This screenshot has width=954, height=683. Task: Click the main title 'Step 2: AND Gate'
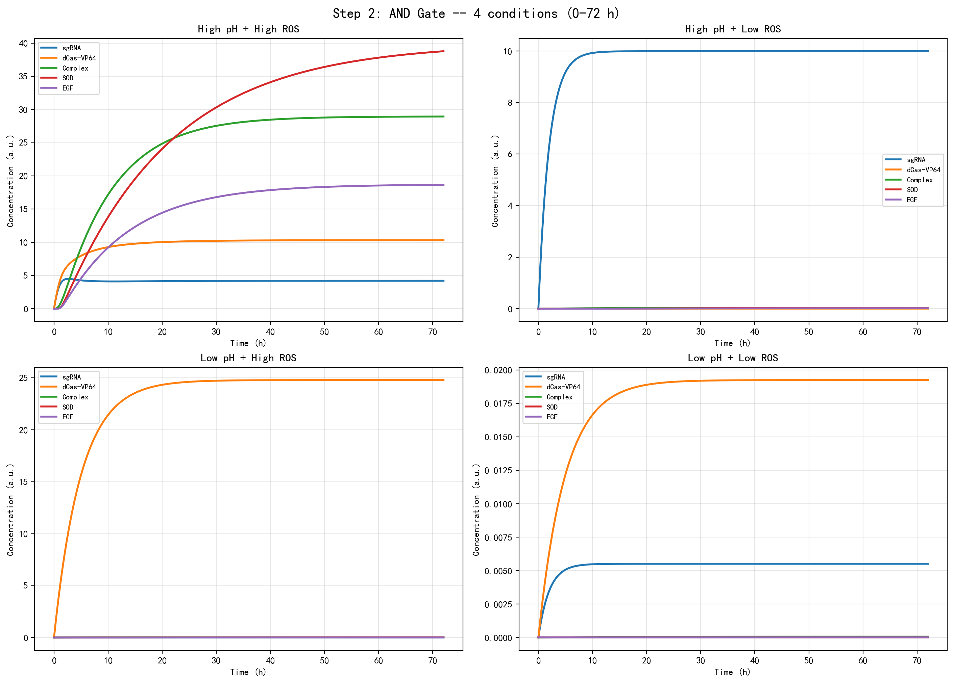[x=476, y=14]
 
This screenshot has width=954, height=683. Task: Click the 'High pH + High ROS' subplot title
[x=248, y=29]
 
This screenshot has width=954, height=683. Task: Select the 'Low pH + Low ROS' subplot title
[x=732, y=358]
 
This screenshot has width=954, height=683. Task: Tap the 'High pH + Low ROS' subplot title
[x=732, y=29]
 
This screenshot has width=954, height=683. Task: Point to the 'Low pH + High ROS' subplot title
[x=248, y=358]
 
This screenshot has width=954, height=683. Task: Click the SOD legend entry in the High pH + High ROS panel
[x=68, y=78]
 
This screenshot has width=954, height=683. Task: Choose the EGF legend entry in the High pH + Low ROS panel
[x=911, y=200]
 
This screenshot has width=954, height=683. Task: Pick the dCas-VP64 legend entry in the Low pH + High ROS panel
[x=79, y=387]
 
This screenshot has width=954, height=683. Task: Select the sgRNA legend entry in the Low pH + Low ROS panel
[x=556, y=377]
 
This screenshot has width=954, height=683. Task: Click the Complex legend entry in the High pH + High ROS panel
[x=75, y=68]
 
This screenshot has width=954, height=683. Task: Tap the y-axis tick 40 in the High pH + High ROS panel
[x=24, y=44]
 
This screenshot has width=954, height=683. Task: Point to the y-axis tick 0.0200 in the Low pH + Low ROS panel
[x=498, y=370]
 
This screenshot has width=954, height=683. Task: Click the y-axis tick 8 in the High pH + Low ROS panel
[x=510, y=103]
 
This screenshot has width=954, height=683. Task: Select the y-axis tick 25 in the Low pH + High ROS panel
[x=24, y=378]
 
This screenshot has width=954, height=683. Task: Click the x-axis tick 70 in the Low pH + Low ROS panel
[x=916, y=661]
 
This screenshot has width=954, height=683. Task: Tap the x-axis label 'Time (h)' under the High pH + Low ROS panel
[x=732, y=343]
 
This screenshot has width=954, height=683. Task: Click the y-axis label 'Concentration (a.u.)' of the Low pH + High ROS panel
[x=10, y=509]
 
